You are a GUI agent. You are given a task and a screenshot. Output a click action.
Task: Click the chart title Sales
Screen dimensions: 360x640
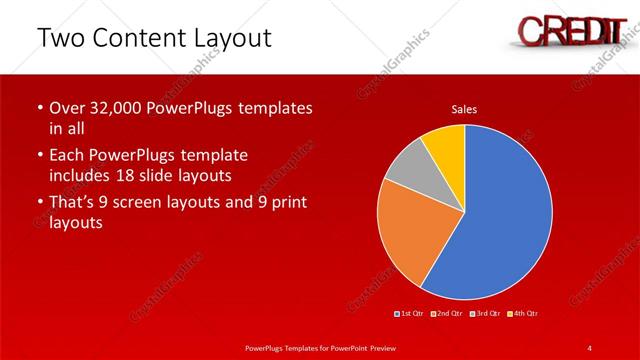pos(464,108)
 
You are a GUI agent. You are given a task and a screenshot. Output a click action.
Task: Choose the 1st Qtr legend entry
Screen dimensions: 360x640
pos(411,314)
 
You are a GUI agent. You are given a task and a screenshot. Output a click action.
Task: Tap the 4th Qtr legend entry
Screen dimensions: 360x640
pos(523,314)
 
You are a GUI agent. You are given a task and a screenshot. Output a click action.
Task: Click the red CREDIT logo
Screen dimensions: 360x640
pos(565,30)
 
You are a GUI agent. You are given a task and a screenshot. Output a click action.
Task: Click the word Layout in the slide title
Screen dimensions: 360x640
pos(232,39)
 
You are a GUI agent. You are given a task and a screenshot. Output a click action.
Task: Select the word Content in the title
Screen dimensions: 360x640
pos(140,39)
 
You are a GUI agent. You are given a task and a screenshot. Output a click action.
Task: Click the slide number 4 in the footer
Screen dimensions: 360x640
pos(589,347)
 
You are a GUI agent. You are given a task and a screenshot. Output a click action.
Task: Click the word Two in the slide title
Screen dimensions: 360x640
pos(61,39)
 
